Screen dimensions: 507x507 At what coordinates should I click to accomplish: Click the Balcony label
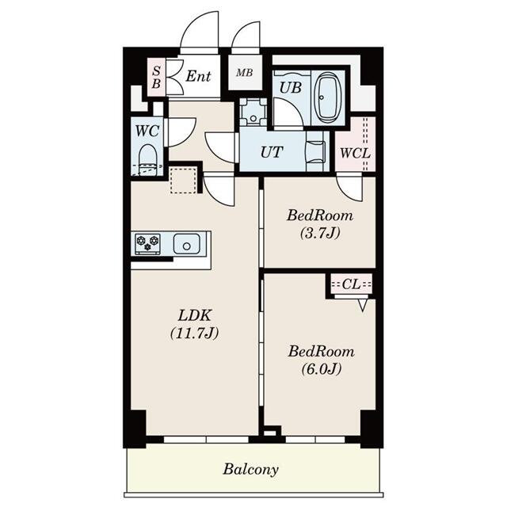point(250,469)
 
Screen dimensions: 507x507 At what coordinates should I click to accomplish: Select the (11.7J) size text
point(194,333)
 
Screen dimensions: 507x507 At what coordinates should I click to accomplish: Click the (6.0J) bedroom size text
point(319,369)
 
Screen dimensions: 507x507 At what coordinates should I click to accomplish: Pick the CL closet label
point(350,284)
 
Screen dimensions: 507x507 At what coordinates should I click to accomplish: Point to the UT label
point(271,153)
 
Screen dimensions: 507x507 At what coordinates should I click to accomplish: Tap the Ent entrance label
point(198,76)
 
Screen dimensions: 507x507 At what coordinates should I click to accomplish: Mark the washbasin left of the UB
point(253,112)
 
